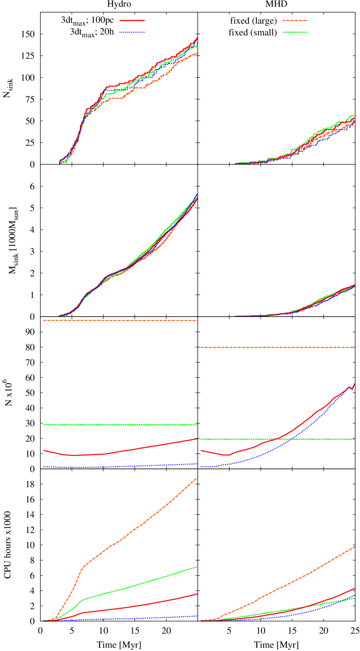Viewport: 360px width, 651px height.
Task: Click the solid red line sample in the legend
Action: (x=132, y=20)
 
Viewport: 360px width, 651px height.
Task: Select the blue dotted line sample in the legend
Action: (x=132, y=32)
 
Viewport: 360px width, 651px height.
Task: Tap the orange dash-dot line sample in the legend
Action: (x=295, y=20)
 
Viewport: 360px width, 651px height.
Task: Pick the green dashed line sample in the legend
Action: (x=295, y=32)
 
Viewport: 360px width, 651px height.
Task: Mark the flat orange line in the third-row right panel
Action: (x=278, y=347)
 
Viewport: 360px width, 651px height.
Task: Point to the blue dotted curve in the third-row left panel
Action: (x=130, y=466)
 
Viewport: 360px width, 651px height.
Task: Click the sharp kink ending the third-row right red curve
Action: (x=352, y=389)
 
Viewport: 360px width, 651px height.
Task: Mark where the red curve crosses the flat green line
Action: (x=276, y=439)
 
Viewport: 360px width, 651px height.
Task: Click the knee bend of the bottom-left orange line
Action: (x=83, y=566)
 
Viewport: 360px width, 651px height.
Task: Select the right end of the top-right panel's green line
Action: (x=354, y=115)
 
